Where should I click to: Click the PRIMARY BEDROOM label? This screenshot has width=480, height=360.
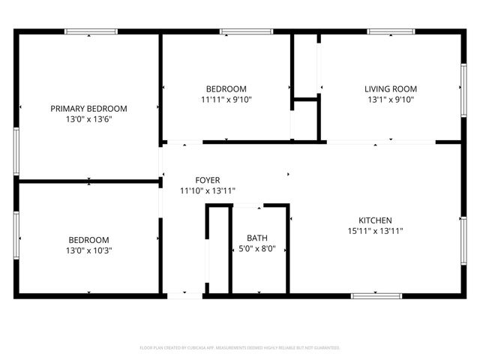88,109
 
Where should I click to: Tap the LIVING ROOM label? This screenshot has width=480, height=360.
390,88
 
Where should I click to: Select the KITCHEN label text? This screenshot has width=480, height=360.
375,220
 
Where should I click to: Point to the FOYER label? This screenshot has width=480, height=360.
208,180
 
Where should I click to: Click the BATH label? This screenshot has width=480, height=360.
256,238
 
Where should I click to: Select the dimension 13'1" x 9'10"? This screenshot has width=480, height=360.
390,99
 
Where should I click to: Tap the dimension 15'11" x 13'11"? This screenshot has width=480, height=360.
375,231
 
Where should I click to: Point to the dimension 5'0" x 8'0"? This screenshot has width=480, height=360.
256,249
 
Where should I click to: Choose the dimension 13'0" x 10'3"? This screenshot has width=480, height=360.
88,250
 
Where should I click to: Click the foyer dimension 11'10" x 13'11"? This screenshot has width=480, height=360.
208,190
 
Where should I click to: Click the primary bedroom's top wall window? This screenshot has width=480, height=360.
91,31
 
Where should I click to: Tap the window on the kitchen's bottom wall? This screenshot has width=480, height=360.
376,296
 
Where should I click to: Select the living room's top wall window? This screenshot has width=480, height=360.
391,31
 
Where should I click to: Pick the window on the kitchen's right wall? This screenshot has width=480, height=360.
463,240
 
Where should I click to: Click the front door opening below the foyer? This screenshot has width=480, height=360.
184,296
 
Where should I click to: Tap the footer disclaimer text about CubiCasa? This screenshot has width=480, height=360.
240,348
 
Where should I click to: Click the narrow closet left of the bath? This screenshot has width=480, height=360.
217,251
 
